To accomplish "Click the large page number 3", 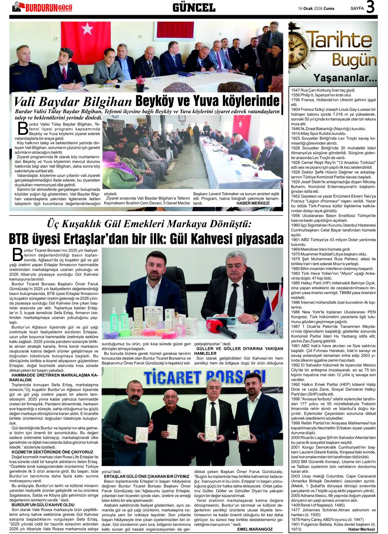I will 371,8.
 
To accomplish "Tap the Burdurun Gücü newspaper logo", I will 42,7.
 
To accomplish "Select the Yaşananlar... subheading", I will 351,79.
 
